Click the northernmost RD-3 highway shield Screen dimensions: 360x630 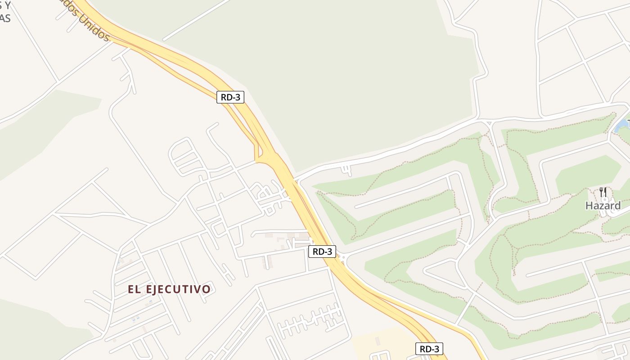(230, 97)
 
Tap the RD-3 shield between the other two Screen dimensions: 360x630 (322, 252)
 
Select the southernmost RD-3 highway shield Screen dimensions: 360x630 (429, 349)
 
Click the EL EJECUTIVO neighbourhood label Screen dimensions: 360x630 (169, 289)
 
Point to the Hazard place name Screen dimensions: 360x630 (603, 206)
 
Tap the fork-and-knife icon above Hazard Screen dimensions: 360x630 (603, 192)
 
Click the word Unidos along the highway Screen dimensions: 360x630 (94, 27)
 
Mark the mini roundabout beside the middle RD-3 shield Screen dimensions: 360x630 (343, 258)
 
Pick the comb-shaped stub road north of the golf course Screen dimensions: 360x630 (346, 170)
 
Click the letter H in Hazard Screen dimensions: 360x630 (589, 206)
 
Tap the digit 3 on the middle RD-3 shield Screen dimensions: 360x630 (331, 252)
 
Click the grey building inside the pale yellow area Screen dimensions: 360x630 (377, 341)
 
